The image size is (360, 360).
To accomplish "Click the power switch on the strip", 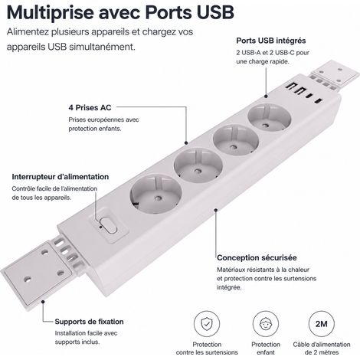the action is click(110, 225).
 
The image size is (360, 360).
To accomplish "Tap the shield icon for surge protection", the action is click(206, 324).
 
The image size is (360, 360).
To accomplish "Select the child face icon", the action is click(265, 324).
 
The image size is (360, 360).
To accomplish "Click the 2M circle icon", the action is click(321, 324).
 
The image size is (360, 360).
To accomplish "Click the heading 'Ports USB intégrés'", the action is click(271, 41).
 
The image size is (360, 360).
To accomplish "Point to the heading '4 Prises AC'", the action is click(90, 107).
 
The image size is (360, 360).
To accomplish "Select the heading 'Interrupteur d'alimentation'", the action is click(61, 177).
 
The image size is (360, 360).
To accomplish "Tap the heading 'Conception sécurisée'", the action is click(257, 257).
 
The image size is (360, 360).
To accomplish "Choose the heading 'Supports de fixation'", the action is click(89, 322).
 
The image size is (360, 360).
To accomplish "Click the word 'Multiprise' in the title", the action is click(50, 12).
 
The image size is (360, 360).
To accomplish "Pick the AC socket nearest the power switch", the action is click(155, 194).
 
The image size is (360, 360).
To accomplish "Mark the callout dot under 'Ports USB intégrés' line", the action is click(266, 97).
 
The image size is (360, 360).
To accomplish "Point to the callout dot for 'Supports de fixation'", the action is click(43, 302).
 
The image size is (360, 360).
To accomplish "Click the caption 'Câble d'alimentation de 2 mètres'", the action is click(322, 349).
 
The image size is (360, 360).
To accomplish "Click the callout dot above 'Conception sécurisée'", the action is click(216, 210).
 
